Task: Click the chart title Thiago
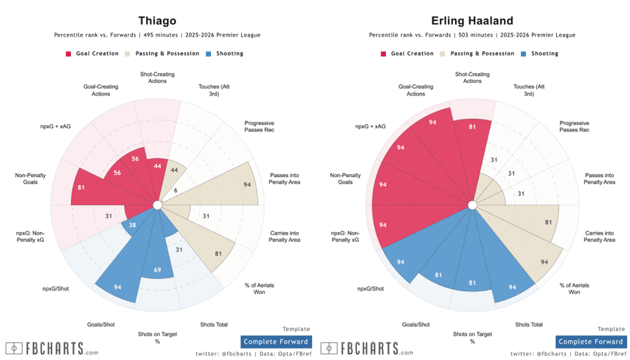click(157, 20)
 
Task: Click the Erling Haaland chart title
click(472, 20)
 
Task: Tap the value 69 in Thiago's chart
click(157, 270)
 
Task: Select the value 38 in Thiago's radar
click(133, 225)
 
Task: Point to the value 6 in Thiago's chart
click(176, 191)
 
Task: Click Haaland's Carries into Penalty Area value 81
click(547, 222)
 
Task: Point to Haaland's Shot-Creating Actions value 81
click(472, 127)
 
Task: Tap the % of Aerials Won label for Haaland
click(574, 288)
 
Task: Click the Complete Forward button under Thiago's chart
click(276, 342)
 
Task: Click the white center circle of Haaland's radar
click(472, 205)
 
